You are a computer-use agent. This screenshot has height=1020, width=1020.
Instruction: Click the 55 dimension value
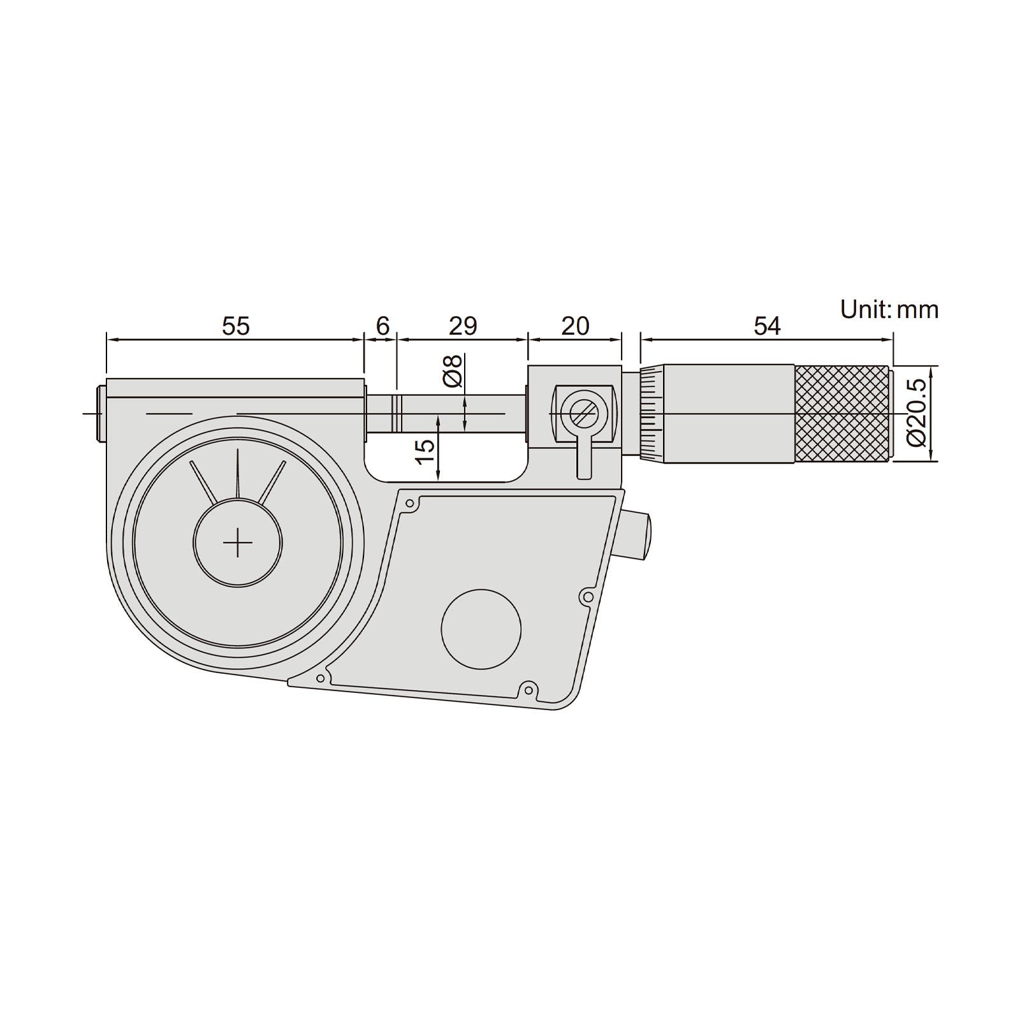tap(236, 326)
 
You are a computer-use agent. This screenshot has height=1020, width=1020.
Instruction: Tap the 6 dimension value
tap(382, 326)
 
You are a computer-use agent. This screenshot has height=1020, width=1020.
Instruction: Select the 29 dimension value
tap(463, 326)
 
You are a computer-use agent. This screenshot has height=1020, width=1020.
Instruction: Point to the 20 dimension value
tap(575, 326)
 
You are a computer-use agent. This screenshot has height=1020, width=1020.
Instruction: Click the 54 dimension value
tap(767, 326)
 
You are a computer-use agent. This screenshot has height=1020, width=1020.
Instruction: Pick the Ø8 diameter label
tap(452, 370)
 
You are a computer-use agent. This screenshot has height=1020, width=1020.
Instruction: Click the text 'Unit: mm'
tap(889, 310)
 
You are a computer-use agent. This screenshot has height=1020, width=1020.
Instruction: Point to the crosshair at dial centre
tap(238, 542)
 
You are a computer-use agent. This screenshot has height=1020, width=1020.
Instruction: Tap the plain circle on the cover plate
tap(481, 630)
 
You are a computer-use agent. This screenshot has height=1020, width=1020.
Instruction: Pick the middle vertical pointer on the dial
tap(237, 472)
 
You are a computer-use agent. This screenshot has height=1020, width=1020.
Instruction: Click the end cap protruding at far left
tap(101, 413)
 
